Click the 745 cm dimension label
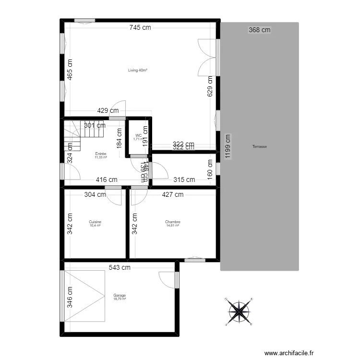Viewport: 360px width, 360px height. (x=140, y=28)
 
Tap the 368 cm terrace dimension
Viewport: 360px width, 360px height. (x=259, y=30)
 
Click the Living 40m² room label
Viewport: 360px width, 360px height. (x=137, y=70)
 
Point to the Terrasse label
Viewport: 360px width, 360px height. (x=260, y=147)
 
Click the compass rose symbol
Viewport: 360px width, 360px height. (x=239, y=311)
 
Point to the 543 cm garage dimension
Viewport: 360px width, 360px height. (x=120, y=267)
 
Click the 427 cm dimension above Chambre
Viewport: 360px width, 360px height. (x=172, y=194)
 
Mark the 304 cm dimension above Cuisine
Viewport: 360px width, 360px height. (x=95, y=194)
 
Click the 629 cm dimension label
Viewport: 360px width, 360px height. (x=210, y=86)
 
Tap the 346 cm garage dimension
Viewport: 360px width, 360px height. (x=70, y=297)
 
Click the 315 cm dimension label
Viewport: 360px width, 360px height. (x=184, y=180)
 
